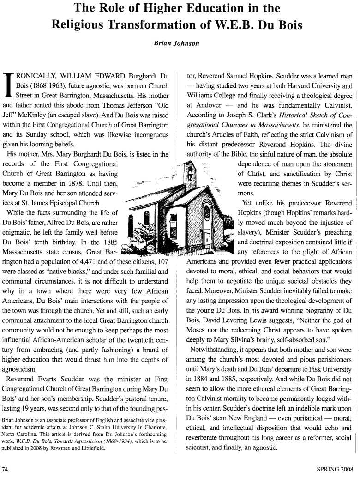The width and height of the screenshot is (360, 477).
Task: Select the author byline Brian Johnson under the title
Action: tap(180, 44)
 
